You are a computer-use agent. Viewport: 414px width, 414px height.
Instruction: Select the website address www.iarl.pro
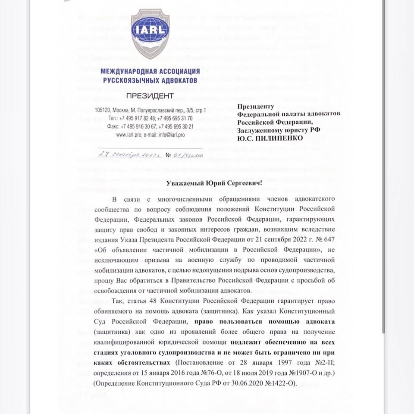pyautogui.click(x=129, y=135)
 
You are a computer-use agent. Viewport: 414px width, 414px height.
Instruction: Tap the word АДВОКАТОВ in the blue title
pyautogui.click(x=176, y=80)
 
